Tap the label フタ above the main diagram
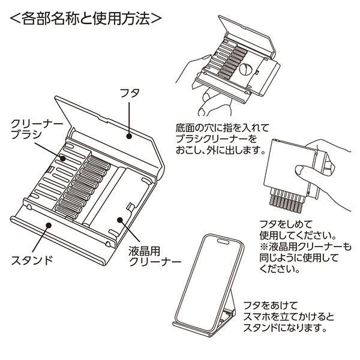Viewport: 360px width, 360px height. pyautogui.click(x=130, y=94)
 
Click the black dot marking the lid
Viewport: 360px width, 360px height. pyautogui.click(x=128, y=136)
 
